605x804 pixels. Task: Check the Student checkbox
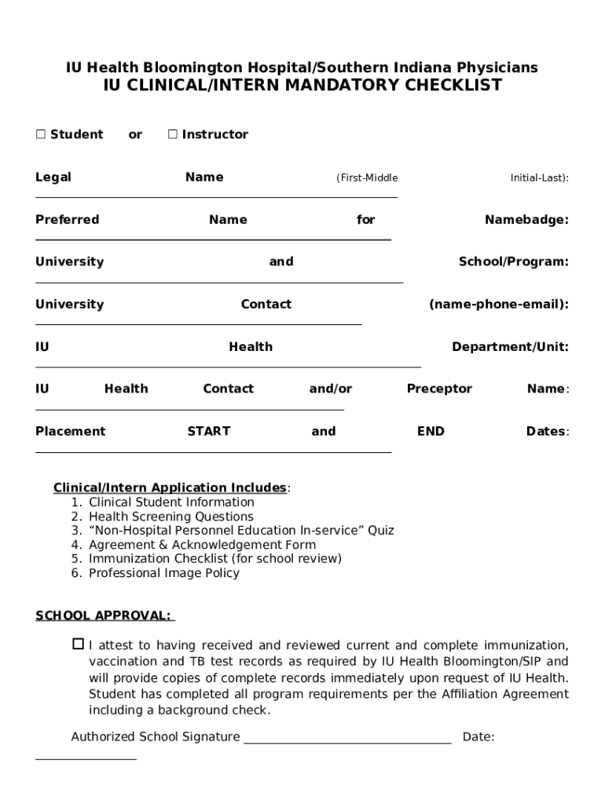pyautogui.click(x=41, y=134)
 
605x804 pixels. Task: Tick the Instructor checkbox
pyautogui.click(x=173, y=134)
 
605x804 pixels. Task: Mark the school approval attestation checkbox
pyautogui.click(x=78, y=645)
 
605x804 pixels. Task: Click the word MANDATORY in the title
pyautogui.click(x=343, y=86)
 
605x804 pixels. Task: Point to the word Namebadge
pyautogui.click(x=526, y=220)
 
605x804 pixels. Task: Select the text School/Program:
pyautogui.click(x=513, y=262)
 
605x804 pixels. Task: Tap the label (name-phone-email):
pyautogui.click(x=498, y=305)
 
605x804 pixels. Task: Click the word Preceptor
pyautogui.click(x=439, y=389)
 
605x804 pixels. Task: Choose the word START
pyautogui.click(x=209, y=431)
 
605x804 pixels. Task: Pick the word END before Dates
pyautogui.click(x=431, y=431)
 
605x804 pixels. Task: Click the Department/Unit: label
pyautogui.click(x=510, y=347)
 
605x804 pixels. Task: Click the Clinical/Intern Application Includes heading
pyautogui.click(x=170, y=488)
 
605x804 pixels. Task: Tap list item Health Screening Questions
pyautogui.click(x=171, y=517)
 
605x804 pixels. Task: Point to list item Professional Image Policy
pyautogui.click(x=164, y=573)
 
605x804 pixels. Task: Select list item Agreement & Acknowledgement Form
pyautogui.click(x=202, y=545)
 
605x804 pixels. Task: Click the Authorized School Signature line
pyautogui.click(x=347, y=738)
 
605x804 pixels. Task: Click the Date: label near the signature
pyautogui.click(x=478, y=737)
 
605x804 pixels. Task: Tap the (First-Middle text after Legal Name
pyautogui.click(x=367, y=178)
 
